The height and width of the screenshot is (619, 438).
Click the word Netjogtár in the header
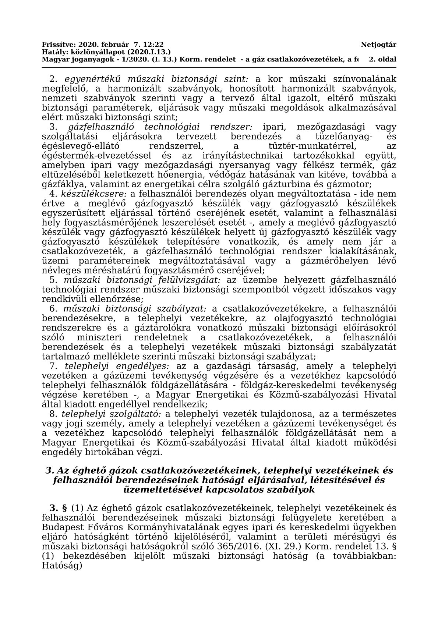click(x=378, y=45)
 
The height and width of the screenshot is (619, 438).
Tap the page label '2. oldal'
click(x=382, y=59)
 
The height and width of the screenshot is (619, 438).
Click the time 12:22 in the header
click(x=154, y=45)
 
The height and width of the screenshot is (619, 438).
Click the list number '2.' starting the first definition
click(x=54, y=79)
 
